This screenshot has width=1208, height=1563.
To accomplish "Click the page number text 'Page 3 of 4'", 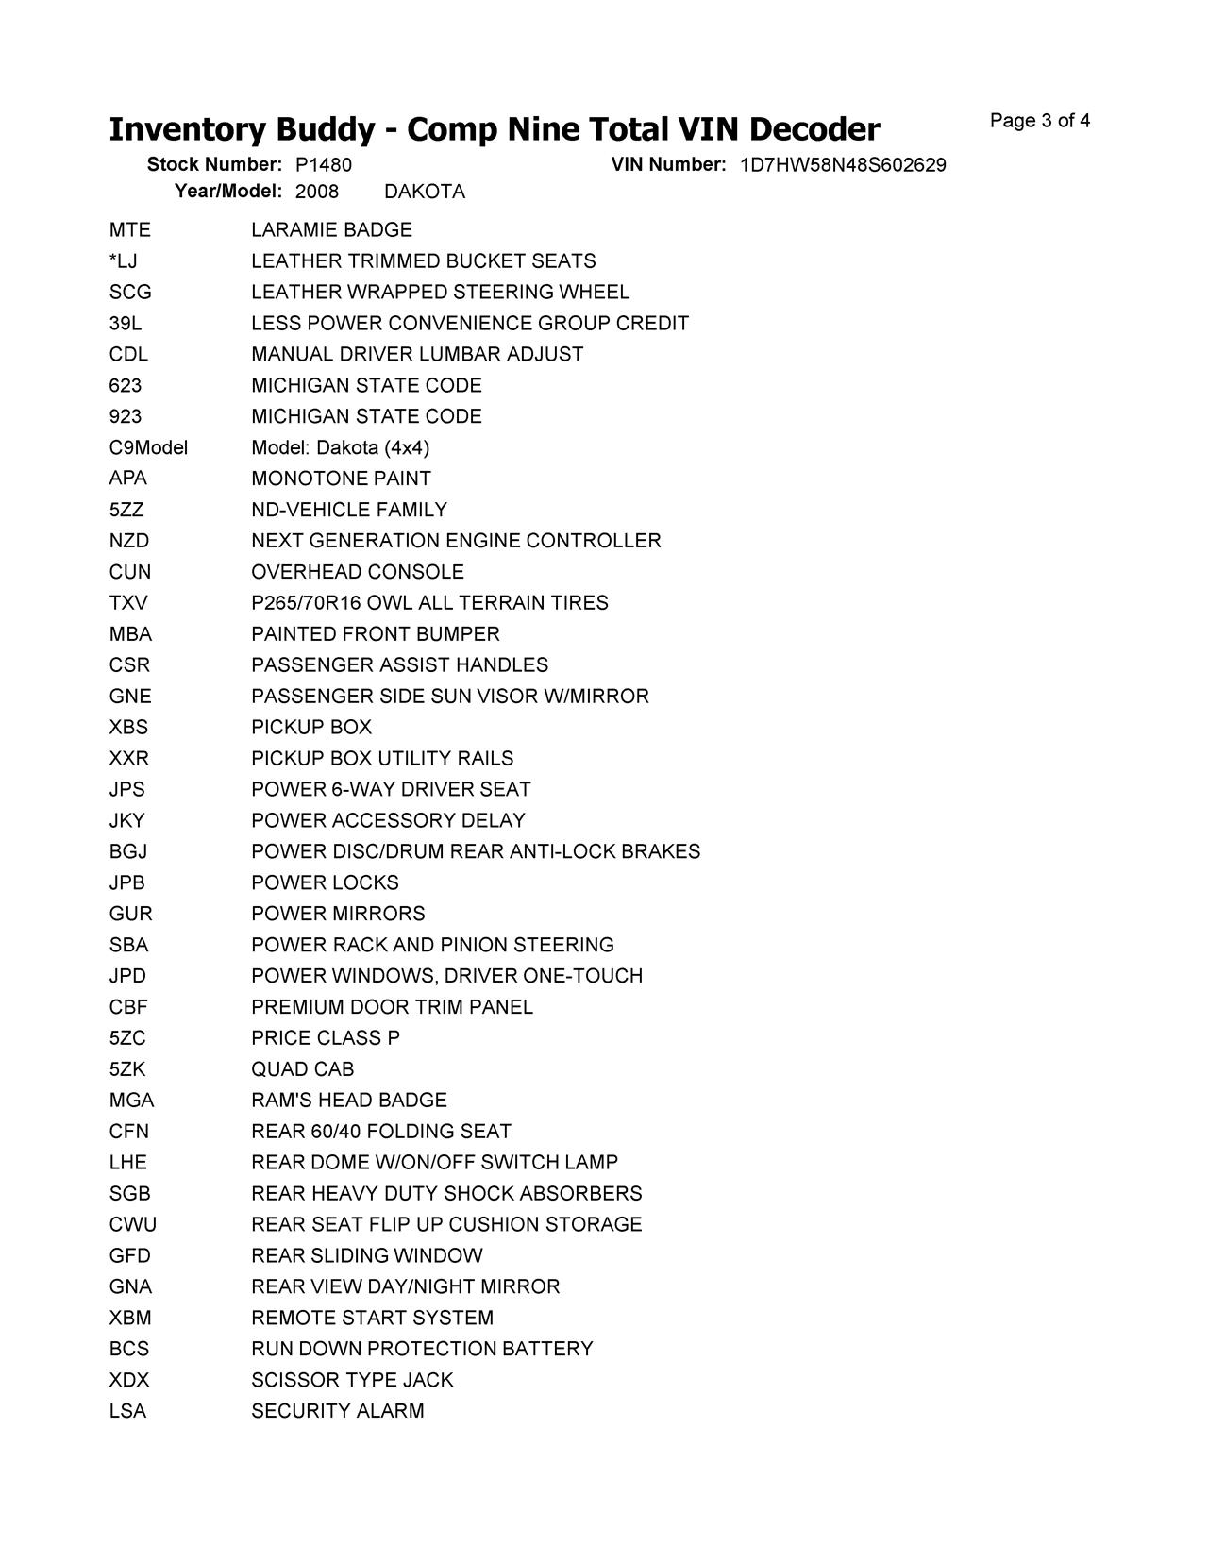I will (x=1039, y=121).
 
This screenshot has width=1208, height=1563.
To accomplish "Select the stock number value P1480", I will (x=323, y=165).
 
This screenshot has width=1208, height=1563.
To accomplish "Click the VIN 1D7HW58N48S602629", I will (x=842, y=165).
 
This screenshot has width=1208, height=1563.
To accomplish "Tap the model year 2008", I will (x=316, y=192).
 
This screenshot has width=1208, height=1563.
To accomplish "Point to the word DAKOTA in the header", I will (x=425, y=192).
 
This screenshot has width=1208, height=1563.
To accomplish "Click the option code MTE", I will (x=129, y=230).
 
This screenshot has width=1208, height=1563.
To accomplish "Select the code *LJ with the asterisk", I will (x=123, y=261).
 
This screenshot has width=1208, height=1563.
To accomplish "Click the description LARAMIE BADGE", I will (x=331, y=230).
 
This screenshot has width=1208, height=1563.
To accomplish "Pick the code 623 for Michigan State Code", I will (x=126, y=386).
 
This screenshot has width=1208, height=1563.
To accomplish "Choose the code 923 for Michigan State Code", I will (x=126, y=417).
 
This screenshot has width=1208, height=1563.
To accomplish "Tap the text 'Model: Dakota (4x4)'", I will (x=340, y=447).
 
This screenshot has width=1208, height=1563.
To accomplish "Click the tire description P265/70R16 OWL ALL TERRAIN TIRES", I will (x=429, y=603).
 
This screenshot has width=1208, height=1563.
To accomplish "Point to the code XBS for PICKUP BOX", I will (x=128, y=728).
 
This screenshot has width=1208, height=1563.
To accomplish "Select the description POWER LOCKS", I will (x=325, y=883).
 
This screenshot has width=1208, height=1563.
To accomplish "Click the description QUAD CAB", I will (x=302, y=1069).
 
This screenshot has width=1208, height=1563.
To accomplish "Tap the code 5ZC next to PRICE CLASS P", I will (x=127, y=1038).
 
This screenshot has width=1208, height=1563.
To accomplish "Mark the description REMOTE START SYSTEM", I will (x=372, y=1319).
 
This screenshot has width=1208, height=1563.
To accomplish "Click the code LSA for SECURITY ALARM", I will (x=127, y=1412).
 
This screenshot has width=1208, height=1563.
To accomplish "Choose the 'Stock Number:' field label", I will (x=214, y=165).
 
